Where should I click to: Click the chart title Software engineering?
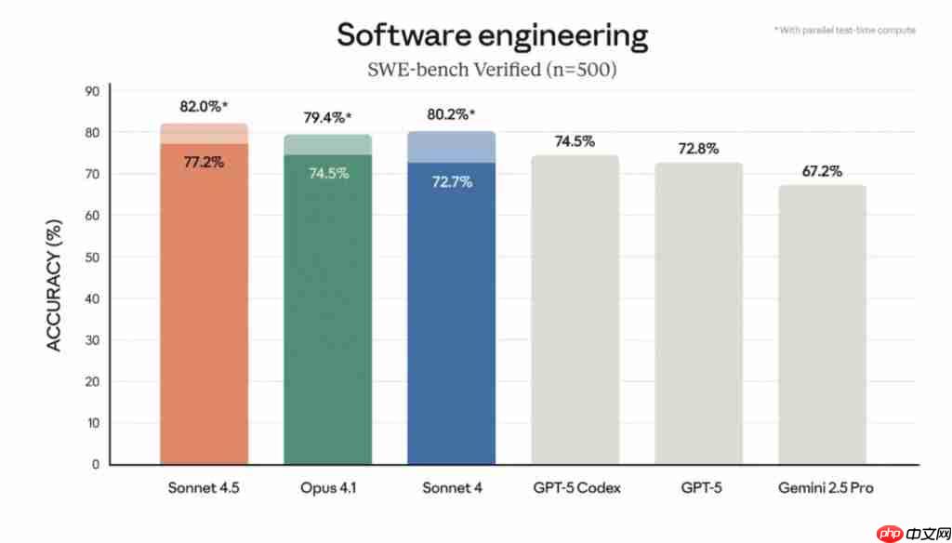click(x=492, y=35)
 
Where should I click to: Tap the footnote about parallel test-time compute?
click(x=844, y=30)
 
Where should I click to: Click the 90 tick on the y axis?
click(x=92, y=91)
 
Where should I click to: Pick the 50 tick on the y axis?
click(x=92, y=257)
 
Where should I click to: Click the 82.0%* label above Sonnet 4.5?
click(x=204, y=107)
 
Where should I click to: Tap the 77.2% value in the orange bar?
click(x=204, y=162)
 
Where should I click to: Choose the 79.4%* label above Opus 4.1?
click(x=326, y=117)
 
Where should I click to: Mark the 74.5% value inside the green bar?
click(x=326, y=173)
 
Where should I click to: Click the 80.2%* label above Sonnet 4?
click(x=451, y=114)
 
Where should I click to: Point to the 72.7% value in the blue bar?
click(x=451, y=181)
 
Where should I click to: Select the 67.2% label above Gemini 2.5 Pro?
click(x=822, y=170)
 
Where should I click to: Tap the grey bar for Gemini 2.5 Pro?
click(x=822, y=325)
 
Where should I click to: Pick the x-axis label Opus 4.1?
click(x=326, y=487)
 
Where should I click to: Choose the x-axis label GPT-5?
click(x=698, y=487)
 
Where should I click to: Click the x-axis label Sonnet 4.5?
click(x=204, y=487)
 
